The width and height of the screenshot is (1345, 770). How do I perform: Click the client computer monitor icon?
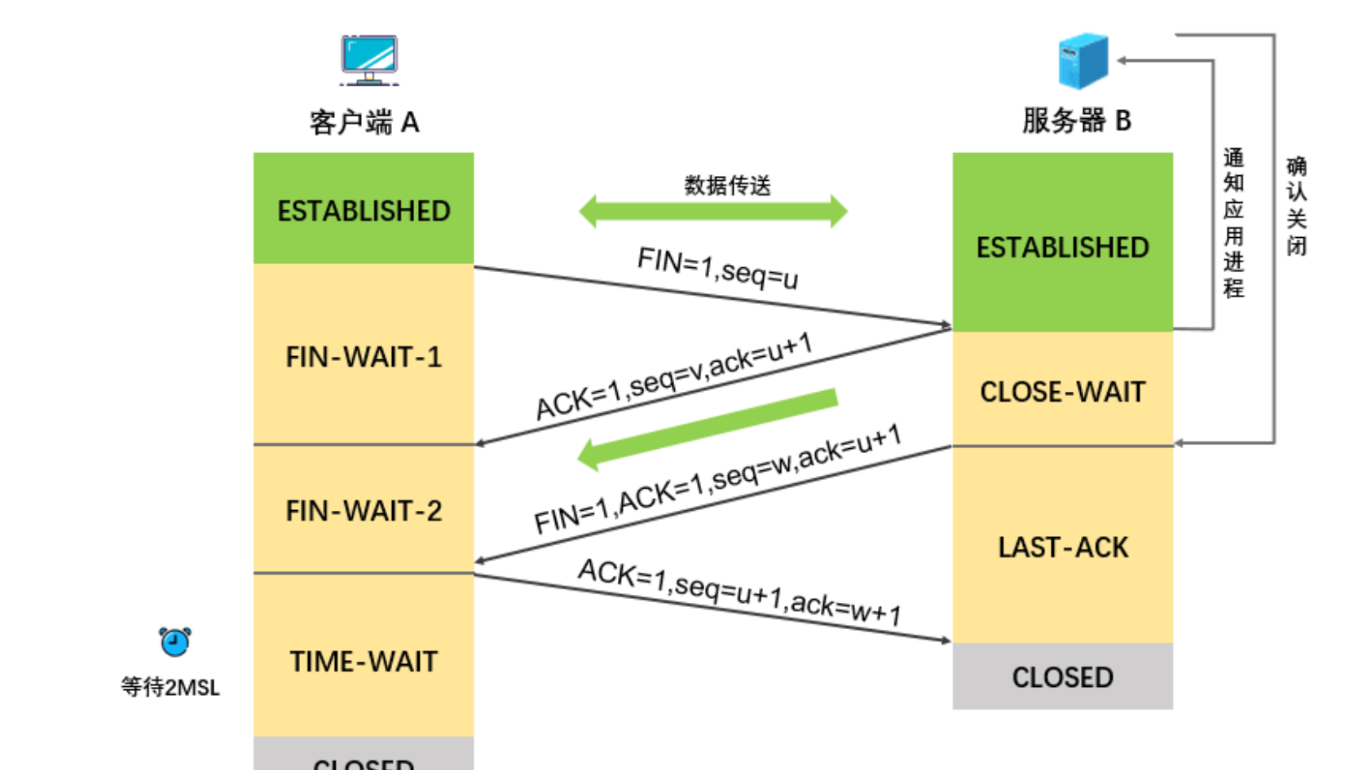[x=369, y=59]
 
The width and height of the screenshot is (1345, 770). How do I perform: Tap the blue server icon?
[x=1083, y=61]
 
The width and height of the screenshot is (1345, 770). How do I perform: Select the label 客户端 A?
[x=364, y=122]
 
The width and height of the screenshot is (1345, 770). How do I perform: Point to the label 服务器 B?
[x=1076, y=121]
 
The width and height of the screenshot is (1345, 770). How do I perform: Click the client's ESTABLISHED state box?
[x=364, y=210]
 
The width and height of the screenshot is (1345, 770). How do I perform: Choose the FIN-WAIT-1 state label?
[x=364, y=357]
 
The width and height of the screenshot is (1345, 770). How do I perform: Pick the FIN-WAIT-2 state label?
[x=364, y=511]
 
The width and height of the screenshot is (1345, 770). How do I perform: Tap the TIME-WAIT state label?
[x=364, y=662]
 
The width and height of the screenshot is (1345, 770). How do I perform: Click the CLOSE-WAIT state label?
[x=1062, y=392]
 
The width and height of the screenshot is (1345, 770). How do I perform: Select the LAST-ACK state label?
[x=1063, y=548]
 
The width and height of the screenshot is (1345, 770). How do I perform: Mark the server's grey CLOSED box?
[x=1062, y=676]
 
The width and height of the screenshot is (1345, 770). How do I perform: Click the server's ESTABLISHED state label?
[x=1062, y=247]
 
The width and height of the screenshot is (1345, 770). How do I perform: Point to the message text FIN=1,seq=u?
[x=717, y=268]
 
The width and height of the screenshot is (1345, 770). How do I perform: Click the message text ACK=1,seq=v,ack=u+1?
[x=674, y=376]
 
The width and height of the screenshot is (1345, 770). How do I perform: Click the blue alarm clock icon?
[x=174, y=642]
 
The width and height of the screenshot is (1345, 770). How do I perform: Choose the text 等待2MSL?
[x=170, y=687]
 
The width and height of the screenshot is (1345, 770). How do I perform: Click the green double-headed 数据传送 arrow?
[x=712, y=212]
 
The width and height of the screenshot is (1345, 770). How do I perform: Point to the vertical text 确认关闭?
[x=1296, y=206]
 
